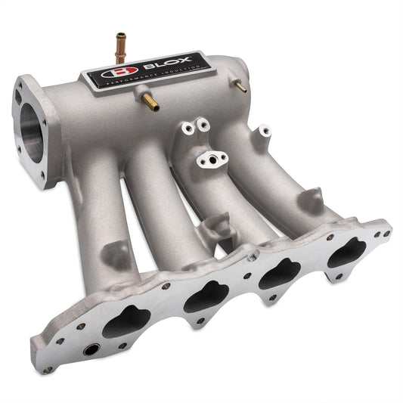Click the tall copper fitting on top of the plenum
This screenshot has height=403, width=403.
(119, 45)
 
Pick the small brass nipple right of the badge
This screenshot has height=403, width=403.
(241, 88)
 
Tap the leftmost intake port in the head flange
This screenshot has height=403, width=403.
(125, 324)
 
